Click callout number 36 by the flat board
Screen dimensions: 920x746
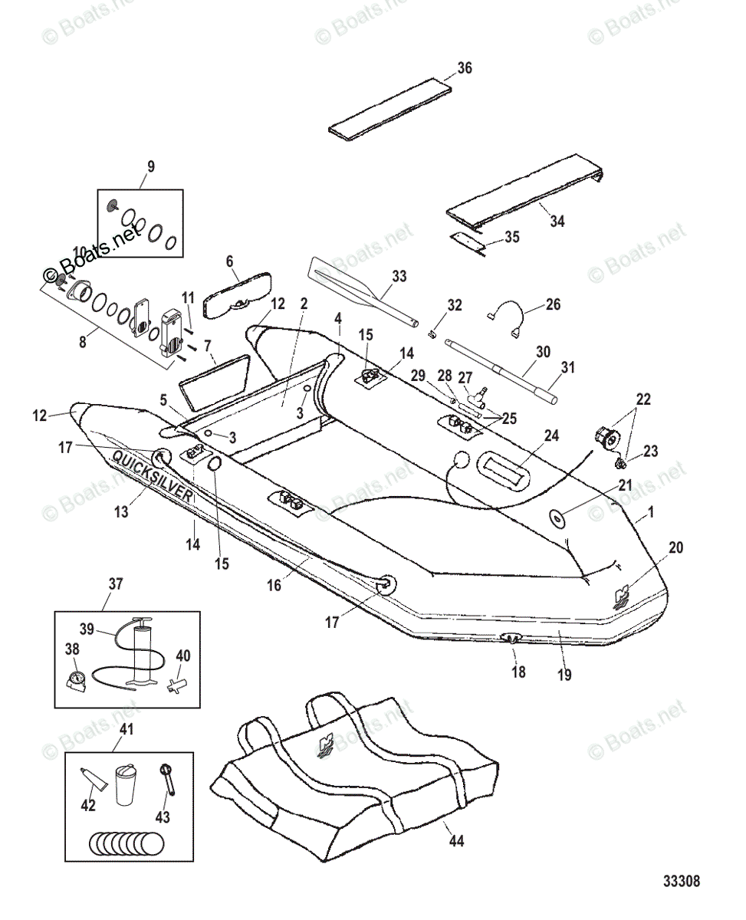point(465,68)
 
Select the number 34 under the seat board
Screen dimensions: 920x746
point(557,222)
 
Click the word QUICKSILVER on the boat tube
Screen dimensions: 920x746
point(153,475)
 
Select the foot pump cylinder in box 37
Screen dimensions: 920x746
point(142,652)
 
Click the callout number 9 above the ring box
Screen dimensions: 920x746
point(150,165)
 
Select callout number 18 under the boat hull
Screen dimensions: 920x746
point(519,672)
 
